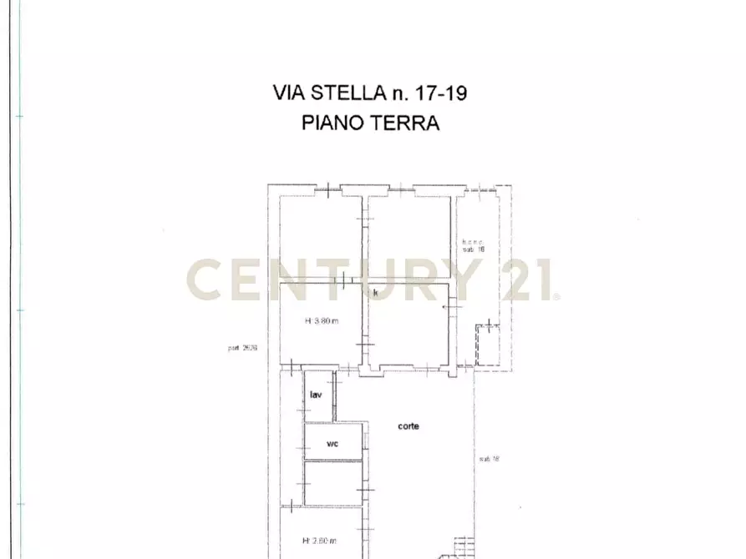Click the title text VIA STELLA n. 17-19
click(369, 93)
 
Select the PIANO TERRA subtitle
click(369, 123)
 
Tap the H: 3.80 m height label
click(321, 321)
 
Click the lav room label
click(317, 395)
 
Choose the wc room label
click(332, 445)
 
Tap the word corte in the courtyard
click(409, 426)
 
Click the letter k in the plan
click(376, 293)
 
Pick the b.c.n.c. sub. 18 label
click(474, 245)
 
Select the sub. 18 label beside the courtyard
click(489, 459)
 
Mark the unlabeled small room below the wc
click(332, 483)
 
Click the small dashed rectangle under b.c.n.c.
click(485, 345)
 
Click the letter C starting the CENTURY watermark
click(207, 279)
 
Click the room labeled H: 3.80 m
click(321, 334)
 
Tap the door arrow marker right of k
click(444, 308)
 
